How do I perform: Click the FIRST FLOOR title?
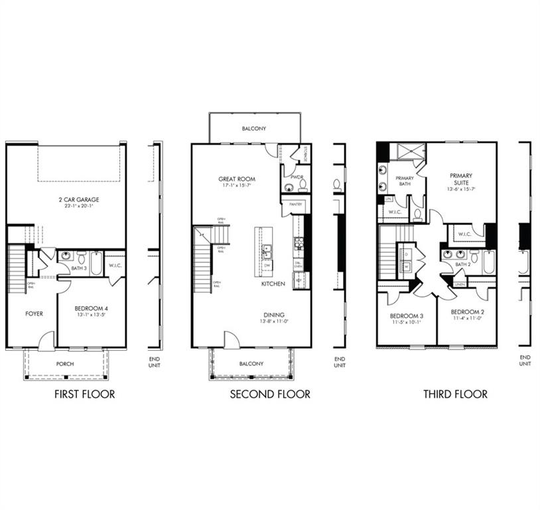point(84,394)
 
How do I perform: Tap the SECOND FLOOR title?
point(270,394)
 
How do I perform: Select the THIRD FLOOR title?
point(456,394)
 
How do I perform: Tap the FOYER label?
point(34,313)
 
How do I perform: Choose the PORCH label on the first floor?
point(65,364)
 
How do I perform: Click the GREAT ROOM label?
point(237,179)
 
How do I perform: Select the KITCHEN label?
point(273,284)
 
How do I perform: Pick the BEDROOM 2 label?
point(468,312)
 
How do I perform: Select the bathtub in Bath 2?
point(490,262)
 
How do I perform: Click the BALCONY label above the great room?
point(254,128)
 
